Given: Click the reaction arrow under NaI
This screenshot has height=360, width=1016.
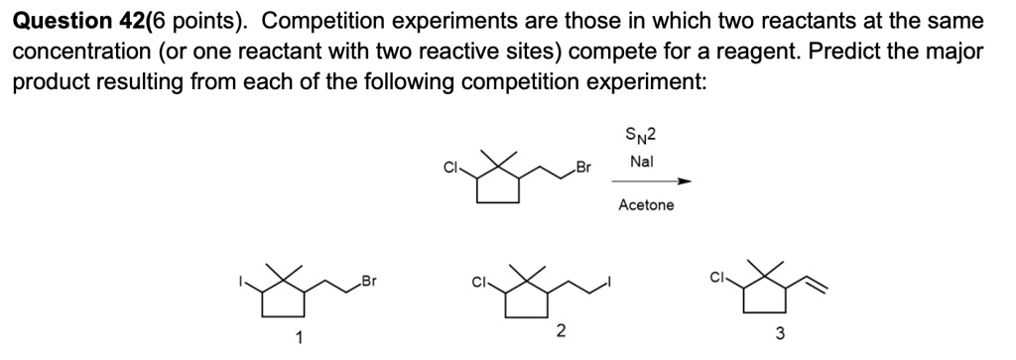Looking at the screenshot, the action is pos(650,181).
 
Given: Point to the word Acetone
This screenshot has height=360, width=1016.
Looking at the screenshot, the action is pos(645,205).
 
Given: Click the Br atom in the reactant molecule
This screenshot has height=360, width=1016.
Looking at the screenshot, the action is pos(583,169).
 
